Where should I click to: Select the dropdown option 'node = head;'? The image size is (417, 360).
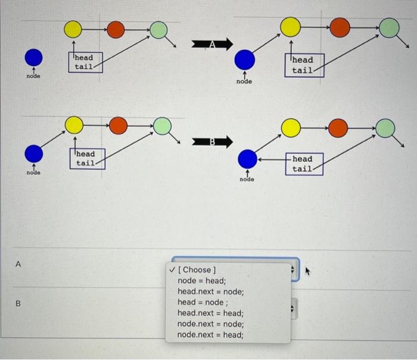202,281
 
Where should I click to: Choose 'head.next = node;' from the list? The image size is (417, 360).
210,292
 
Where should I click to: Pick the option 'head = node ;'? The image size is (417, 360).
203,302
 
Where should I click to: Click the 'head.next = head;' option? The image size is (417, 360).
210,313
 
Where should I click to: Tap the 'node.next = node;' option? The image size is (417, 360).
210,324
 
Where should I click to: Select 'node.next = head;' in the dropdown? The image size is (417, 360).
210,334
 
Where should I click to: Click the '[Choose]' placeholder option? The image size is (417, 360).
197,270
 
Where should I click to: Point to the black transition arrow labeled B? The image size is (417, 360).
211,142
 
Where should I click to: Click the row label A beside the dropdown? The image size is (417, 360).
18,264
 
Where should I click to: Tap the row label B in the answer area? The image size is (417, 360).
18,303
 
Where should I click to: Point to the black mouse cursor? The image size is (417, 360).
308,271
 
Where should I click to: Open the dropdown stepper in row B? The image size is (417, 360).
292,309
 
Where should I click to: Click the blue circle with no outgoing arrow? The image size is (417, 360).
34,57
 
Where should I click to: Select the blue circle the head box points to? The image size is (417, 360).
247,159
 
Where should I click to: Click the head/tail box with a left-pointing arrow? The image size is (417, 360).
301,164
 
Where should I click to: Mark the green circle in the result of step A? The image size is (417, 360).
388,27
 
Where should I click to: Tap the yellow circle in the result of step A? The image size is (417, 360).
290,26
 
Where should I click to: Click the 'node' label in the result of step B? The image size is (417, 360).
247,179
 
